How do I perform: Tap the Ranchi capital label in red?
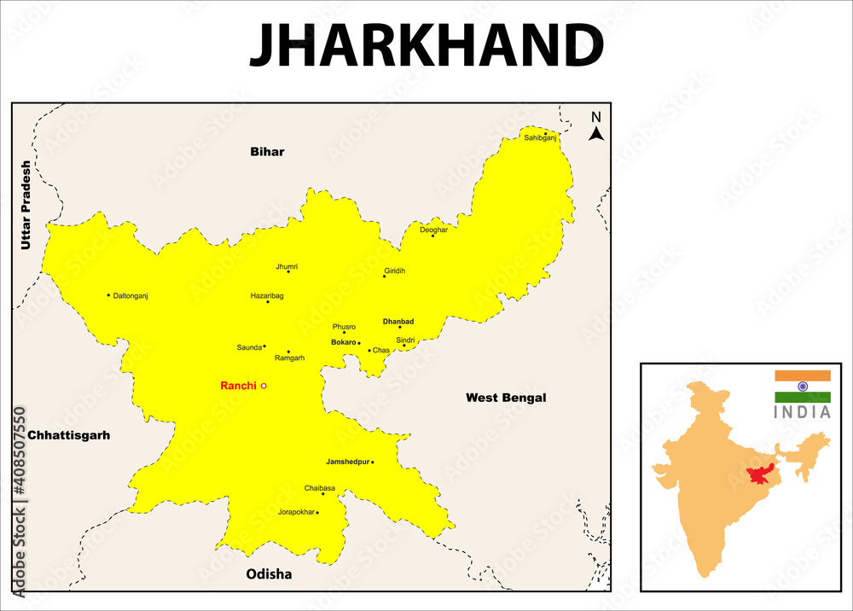click(x=238, y=386)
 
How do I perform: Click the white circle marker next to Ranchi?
click(x=264, y=386)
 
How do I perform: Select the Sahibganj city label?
click(x=540, y=137)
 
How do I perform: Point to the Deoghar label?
click(x=433, y=230)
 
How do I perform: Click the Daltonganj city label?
click(x=131, y=295)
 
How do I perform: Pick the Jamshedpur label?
click(x=347, y=462)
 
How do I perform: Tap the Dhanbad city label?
click(x=398, y=322)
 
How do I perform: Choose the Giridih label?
click(x=395, y=271)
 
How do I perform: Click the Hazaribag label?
click(x=266, y=295)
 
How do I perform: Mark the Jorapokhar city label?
click(x=296, y=513)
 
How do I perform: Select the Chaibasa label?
click(x=319, y=488)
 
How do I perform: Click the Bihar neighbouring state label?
click(x=267, y=152)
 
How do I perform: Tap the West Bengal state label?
click(x=506, y=398)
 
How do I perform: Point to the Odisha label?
click(x=269, y=574)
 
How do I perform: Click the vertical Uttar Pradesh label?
click(x=26, y=205)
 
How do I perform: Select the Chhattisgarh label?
click(x=69, y=435)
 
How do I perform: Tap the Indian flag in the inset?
click(x=802, y=386)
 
